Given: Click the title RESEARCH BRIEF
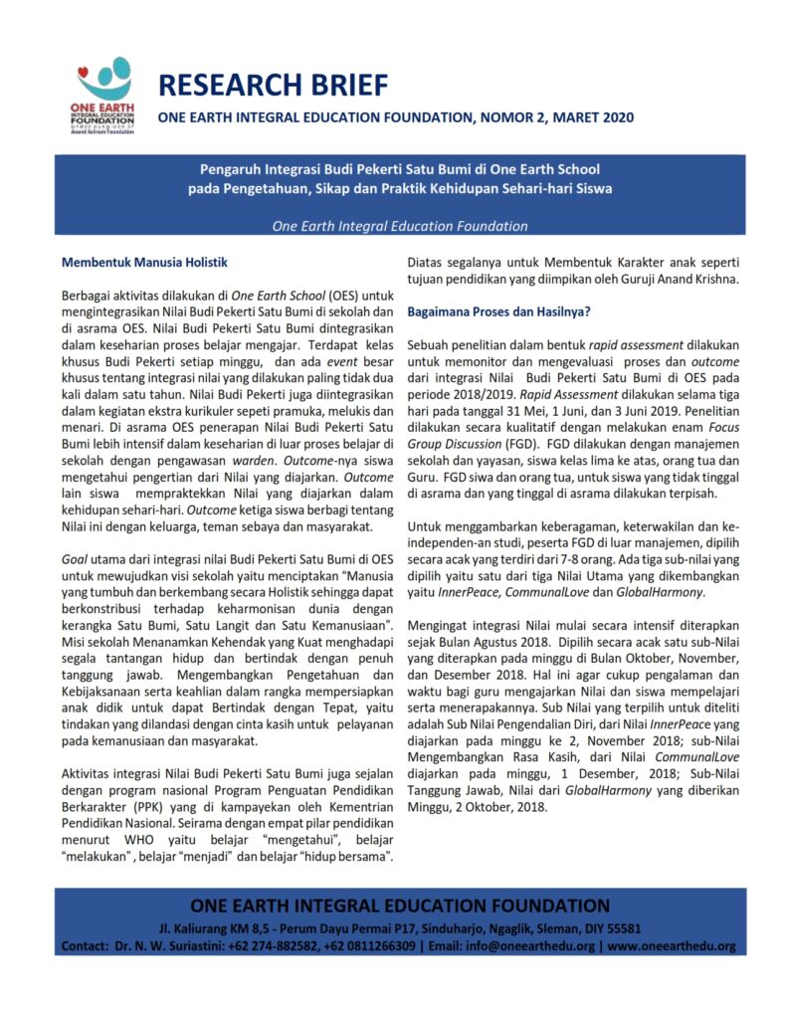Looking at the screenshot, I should tap(273, 85).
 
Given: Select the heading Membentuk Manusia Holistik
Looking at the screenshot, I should tap(145, 263).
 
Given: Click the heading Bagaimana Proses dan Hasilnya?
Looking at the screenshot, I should tap(499, 311).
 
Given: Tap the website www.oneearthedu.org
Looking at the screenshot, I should tap(672, 945).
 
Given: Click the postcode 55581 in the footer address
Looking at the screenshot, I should tap(622, 927).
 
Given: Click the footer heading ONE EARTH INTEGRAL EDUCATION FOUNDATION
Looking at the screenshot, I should tap(399, 906).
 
